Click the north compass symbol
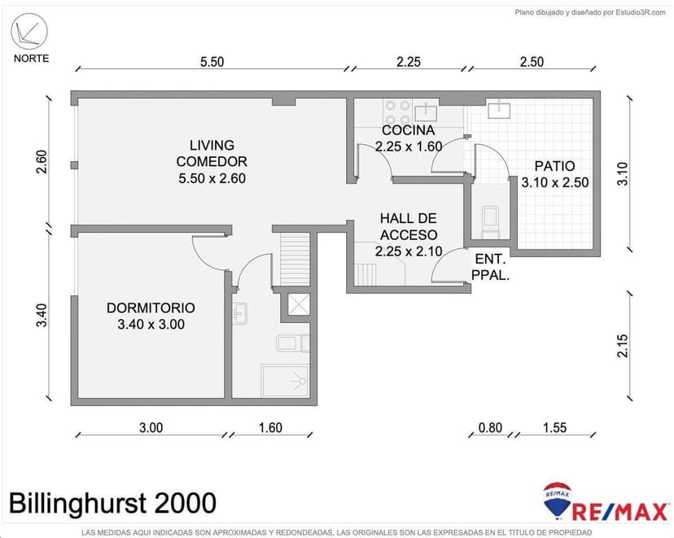(x=31, y=33)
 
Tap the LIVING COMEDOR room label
(x=212, y=161)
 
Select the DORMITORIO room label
(x=151, y=316)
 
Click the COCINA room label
(x=408, y=138)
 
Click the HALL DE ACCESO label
(x=408, y=234)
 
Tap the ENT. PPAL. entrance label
(x=491, y=267)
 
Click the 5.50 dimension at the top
(x=212, y=62)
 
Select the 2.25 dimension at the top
(x=408, y=62)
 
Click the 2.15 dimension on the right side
(x=623, y=346)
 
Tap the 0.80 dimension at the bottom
(x=489, y=427)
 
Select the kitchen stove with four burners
(x=397, y=112)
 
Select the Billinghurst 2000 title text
(x=113, y=502)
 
